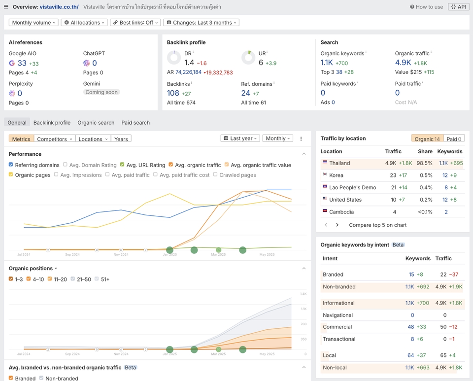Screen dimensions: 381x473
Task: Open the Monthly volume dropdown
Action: pyautogui.click(x=34, y=23)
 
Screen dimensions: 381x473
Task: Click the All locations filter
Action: pyautogui.click(x=84, y=23)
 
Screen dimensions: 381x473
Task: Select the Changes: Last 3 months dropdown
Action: pyautogui.click(x=201, y=23)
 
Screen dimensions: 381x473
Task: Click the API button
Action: pyautogui.click(x=458, y=7)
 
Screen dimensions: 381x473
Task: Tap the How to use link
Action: pyautogui.click(x=426, y=7)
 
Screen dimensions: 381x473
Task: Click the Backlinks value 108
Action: pyautogui.click(x=173, y=93)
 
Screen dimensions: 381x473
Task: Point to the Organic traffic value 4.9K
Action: pyautogui.click(x=403, y=63)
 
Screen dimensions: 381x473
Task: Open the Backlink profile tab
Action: pyautogui.click(x=52, y=123)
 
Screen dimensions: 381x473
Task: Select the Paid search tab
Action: pyautogui.click(x=135, y=123)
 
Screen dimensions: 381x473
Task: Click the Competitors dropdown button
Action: pyautogui.click(x=55, y=139)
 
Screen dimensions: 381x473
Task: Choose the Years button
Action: pyautogui.click(x=121, y=139)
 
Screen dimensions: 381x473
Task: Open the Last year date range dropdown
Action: pyautogui.click(x=240, y=139)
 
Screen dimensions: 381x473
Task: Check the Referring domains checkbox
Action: pyautogui.click(x=11, y=165)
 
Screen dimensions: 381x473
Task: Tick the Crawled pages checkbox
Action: pyautogui.click(x=216, y=174)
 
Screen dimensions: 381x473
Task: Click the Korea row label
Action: pyautogui.click(x=336, y=175)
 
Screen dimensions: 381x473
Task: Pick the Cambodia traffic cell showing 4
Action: pyautogui.click(x=394, y=212)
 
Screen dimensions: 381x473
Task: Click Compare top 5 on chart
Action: pyautogui.click(x=377, y=225)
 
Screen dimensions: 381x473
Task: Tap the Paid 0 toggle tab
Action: pyautogui.click(x=453, y=139)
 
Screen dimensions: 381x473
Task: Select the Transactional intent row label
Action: pyautogui.click(x=339, y=339)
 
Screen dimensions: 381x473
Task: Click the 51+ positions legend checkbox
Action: pyautogui.click(x=97, y=279)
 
